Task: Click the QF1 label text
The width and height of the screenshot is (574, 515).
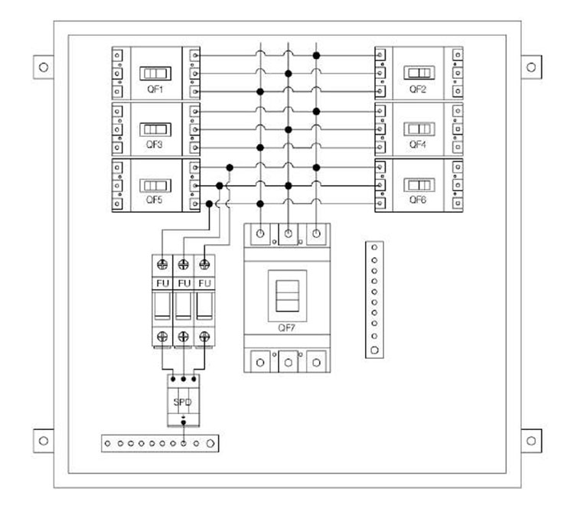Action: pyautogui.click(x=155, y=89)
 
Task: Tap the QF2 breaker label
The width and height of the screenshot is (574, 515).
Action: pyautogui.click(x=418, y=89)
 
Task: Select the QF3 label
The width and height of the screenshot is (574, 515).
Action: pyautogui.click(x=154, y=144)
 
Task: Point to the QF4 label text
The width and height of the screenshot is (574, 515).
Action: pyautogui.click(x=418, y=144)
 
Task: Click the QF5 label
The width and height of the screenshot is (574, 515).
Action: pyautogui.click(x=154, y=200)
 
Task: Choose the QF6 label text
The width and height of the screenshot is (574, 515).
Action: pyautogui.click(x=418, y=200)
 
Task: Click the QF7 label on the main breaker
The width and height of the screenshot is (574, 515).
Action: pyautogui.click(x=286, y=328)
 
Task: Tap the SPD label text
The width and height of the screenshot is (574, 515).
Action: pyautogui.click(x=182, y=403)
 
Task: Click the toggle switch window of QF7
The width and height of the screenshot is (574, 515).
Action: pyautogui.click(x=287, y=295)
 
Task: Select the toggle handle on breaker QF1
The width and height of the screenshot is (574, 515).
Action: pyautogui.click(x=155, y=73)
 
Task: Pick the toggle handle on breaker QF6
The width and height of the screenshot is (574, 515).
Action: pyautogui.click(x=419, y=185)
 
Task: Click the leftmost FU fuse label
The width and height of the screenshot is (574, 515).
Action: pyautogui.click(x=162, y=283)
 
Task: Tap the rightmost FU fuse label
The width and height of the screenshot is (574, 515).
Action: pyautogui.click(x=204, y=283)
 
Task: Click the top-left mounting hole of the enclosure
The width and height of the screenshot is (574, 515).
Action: pyautogui.click(x=44, y=67)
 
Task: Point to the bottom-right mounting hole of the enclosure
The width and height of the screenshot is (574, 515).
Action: pyautogui.click(x=531, y=441)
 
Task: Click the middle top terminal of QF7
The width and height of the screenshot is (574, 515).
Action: pyautogui.click(x=288, y=233)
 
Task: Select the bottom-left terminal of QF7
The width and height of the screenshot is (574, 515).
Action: pyautogui.click(x=260, y=363)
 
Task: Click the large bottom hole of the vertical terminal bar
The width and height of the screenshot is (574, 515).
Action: pyautogui.click(x=374, y=350)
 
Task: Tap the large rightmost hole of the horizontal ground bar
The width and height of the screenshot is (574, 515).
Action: pyautogui.click(x=210, y=444)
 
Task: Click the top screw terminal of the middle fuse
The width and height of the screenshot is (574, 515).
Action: pyautogui.click(x=184, y=264)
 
